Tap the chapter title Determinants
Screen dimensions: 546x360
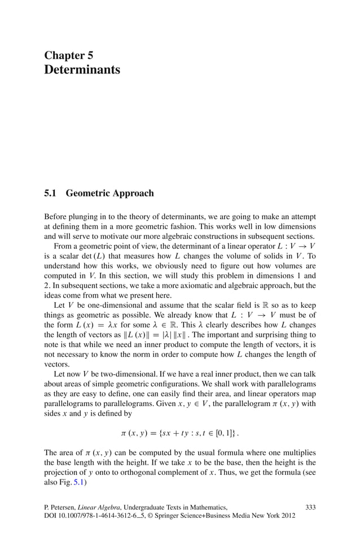coord(82,69)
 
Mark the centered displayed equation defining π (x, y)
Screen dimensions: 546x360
coord(179,433)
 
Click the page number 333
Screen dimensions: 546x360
coord(310,507)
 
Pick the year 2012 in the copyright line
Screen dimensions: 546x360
coord(287,516)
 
